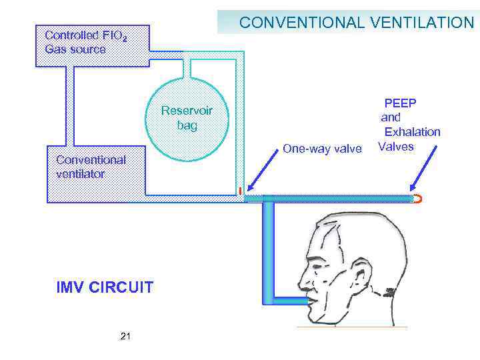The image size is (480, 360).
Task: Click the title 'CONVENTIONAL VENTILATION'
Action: click(356, 23)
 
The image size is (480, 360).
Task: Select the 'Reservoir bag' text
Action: click(187, 118)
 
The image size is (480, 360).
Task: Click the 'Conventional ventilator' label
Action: click(91, 167)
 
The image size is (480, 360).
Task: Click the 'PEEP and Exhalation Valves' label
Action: click(409, 125)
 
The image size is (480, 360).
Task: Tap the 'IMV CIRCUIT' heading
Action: click(105, 288)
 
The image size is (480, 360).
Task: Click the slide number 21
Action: click(125, 337)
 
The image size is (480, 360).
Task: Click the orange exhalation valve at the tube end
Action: click(417, 199)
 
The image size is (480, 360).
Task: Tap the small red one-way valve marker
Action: click(239, 191)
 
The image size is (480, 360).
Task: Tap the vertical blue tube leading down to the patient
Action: click(268, 247)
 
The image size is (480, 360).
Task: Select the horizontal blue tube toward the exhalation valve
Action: click(333, 199)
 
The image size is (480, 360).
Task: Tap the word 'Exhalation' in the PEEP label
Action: click(411, 132)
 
